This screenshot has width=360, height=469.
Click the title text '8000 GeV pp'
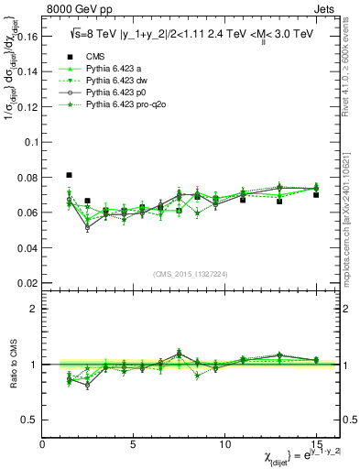[74, 9]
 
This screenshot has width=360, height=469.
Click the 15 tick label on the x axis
[315, 445]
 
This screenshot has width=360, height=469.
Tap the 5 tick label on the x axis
[133, 445]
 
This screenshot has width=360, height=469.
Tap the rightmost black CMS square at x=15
[316, 195]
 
